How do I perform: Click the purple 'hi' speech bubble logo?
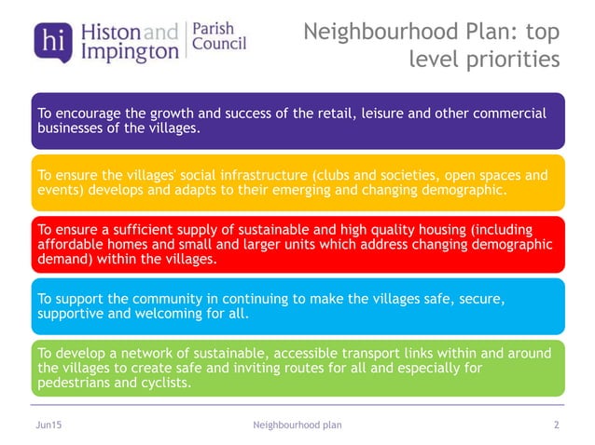50,40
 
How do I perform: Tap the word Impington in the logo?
118,52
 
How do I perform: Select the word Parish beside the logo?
214,29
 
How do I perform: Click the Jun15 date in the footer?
48,425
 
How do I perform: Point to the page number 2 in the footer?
556,425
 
